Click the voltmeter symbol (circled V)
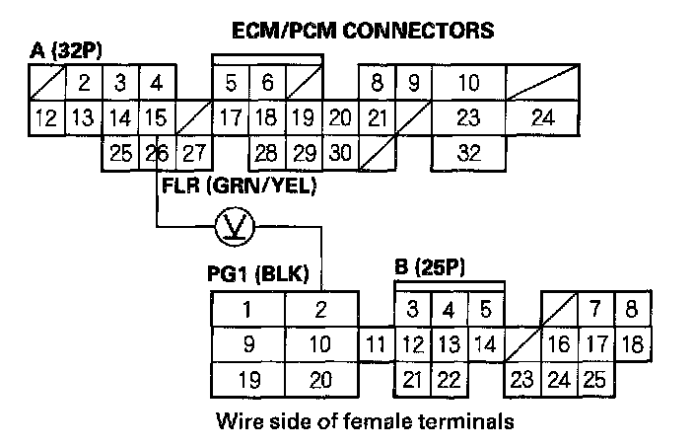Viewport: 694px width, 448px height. [234, 229]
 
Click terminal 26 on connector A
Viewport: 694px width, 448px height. [155, 153]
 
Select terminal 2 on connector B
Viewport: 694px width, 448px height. [320, 310]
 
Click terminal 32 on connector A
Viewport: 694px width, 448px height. [469, 153]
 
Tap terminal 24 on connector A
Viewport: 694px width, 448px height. [542, 118]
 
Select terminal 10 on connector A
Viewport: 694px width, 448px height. [469, 82]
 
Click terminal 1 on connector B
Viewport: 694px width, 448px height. [247, 310]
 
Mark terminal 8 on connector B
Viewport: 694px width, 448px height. [631, 310]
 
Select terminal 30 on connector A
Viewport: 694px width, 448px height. [339, 153]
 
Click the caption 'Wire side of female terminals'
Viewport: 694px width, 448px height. [365, 422]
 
